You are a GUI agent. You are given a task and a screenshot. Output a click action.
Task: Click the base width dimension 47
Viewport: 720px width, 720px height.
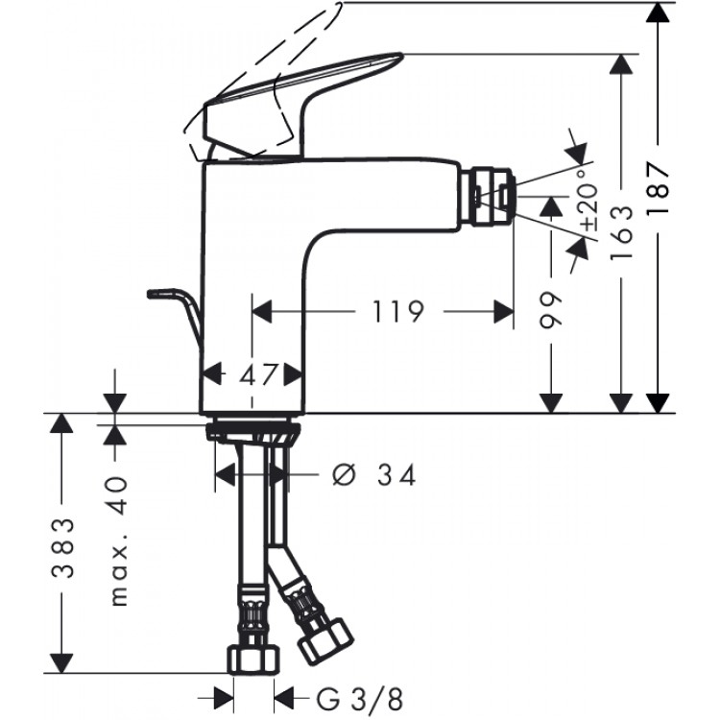coord(252,373)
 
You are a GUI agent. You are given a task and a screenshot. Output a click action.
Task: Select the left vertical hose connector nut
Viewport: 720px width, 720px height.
coord(253,660)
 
